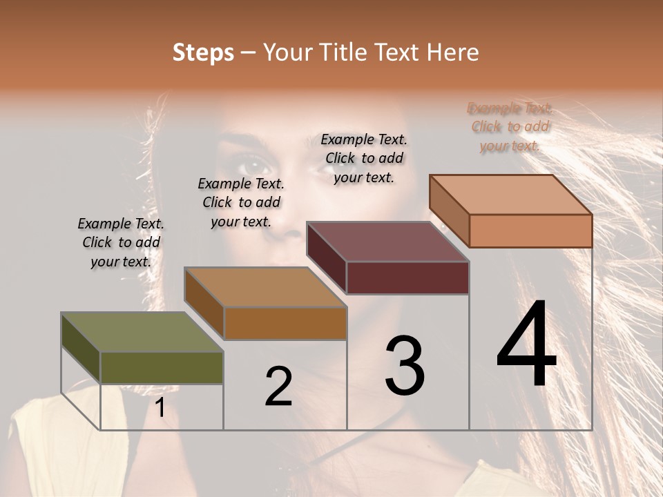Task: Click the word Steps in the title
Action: click(203, 52)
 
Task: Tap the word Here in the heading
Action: click(453, 52)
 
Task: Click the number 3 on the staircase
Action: click(405, 366)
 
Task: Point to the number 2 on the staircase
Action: click(278, 387)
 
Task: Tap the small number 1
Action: click(160, 408)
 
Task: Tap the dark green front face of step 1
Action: click(162, 367)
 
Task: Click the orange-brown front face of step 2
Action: click(285, 323)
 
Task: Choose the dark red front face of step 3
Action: click(407, 277)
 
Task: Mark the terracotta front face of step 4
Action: click(530, 231)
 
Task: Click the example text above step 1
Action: click(121, 242)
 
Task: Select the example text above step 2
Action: click(241, 202)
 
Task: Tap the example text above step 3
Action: click(364, 158)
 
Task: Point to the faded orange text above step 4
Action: click(510, 126)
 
